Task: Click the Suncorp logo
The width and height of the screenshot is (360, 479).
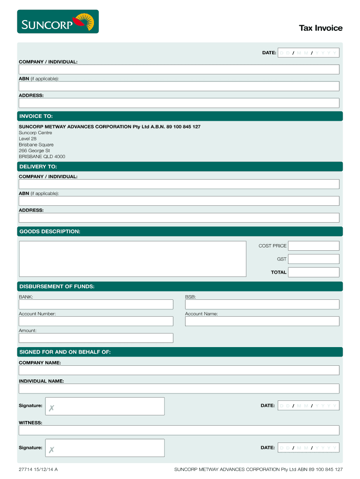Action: click(58, 22)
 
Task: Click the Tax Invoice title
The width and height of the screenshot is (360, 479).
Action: click(321, 28)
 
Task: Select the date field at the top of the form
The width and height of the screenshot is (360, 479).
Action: click(308, 53)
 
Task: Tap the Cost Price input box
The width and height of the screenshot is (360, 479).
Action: click(314, 246)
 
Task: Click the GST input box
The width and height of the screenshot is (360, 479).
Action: click(314, 259)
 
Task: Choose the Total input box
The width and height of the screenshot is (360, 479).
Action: click(314, 272)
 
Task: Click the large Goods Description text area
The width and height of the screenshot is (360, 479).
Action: click(132, 259)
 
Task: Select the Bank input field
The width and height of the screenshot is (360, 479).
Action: click(96, 305)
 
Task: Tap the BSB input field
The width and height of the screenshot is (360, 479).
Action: click(262, 305)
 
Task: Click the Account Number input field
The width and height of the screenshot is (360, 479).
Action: click(96, 321)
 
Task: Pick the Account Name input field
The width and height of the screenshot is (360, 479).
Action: click(262, 321)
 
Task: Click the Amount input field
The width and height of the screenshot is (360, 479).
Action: click(96, 338)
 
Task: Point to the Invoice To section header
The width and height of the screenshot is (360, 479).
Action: click(36, 116)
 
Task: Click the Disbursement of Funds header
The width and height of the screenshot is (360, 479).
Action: click(57, 287)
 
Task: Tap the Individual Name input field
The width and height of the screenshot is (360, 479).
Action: click(179, 389)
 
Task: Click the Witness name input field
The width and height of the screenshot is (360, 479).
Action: click(179, 430)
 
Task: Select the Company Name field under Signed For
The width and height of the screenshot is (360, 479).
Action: click(179, 370)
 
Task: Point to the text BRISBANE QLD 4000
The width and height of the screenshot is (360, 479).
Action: click(42, 157)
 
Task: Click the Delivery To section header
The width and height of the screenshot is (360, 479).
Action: click(38, 167)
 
